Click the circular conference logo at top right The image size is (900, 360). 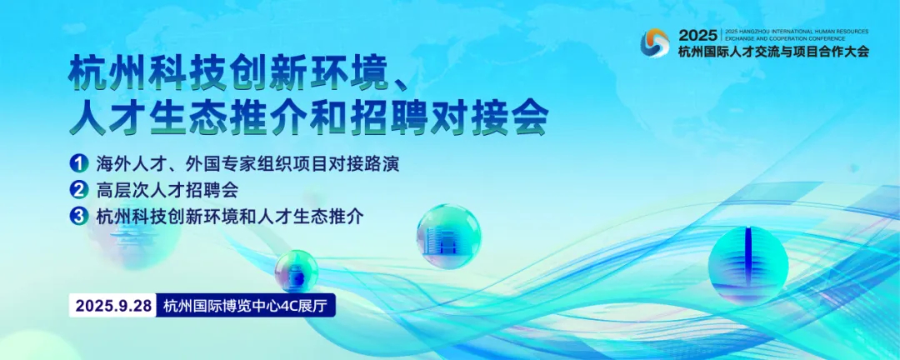(655, 42)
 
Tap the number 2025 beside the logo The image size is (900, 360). (697, 35)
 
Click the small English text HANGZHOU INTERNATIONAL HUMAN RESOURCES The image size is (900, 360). (785, 29)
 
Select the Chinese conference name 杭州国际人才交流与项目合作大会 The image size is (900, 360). (773, 52)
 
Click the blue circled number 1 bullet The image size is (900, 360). (80, 162)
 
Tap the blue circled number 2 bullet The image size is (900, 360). (80, 189)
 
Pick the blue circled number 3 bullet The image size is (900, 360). (80, 216)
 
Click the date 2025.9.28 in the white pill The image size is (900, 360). (113, 306)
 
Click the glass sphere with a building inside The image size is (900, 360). (448, 236)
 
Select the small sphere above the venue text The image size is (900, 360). (296, 270)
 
